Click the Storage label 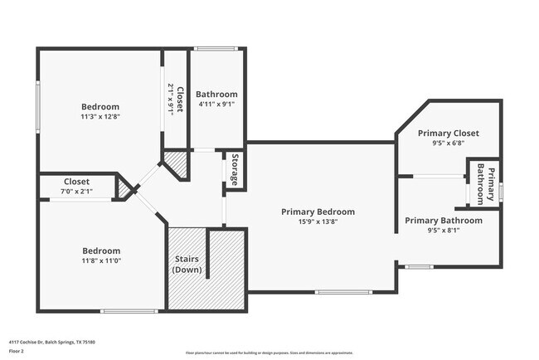pos(235,170)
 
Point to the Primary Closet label pos(448,133)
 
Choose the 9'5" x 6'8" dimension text pos(448,143)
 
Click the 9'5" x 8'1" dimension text pos(443,231)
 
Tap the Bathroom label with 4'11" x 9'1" pos(217,95)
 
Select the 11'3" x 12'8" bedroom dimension pos(100,117)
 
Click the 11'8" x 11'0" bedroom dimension pos(100,261)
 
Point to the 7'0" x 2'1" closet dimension pos(77,192)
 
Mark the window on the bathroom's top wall pos(217,48)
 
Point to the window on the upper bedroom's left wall pos(37,106)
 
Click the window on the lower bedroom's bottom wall pos(129,311)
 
